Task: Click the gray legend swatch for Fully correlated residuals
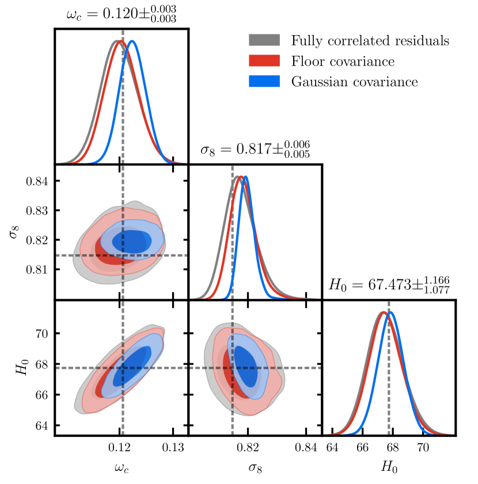(x=264, y=40)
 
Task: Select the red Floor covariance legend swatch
(x=264, y=61)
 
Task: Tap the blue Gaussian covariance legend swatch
(x=264, y=82)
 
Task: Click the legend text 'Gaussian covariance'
(x=354, y=82)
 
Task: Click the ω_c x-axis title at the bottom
(x=121, y=468)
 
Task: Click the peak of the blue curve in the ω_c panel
(x=132, y=41)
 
